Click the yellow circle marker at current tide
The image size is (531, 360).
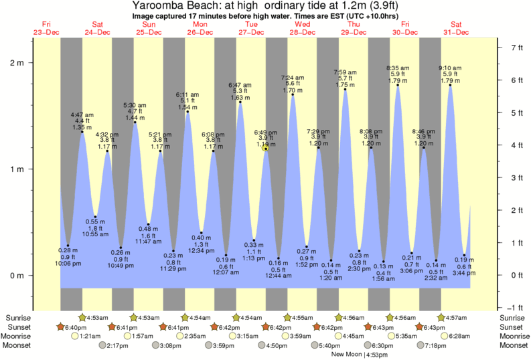point(266,148)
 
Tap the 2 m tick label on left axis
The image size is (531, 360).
point(17,63)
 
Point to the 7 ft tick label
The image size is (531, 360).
point(516,48)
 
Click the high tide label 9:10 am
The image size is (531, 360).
point(450,68)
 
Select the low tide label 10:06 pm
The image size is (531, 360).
point(67,264)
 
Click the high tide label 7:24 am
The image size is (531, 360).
point(293,78)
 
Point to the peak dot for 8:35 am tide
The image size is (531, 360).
point(398,85)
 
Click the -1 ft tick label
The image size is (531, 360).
point(516,308)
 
